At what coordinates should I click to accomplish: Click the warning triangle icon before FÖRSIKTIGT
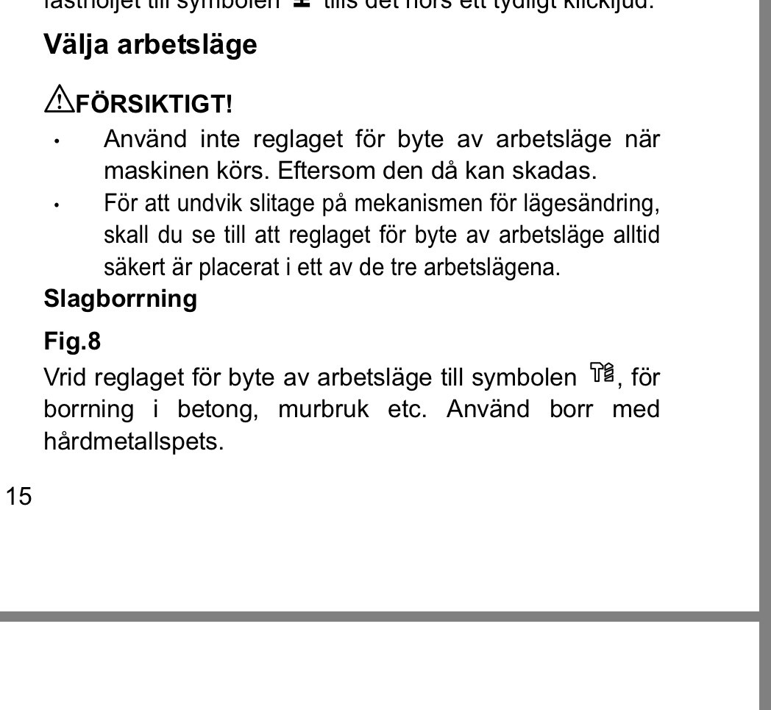(x=55, y=99)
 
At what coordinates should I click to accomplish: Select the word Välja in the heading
(x=77, y=45)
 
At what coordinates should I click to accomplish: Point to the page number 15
(x=19, y=497)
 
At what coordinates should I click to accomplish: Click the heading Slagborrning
(x=121, y=299)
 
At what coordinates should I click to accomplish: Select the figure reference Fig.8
(x=72, y=341)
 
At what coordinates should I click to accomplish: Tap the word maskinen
(x=150, y=171)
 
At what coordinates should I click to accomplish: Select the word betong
(x=218, y=409)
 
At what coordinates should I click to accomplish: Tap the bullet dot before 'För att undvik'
(x=57, y=205)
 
